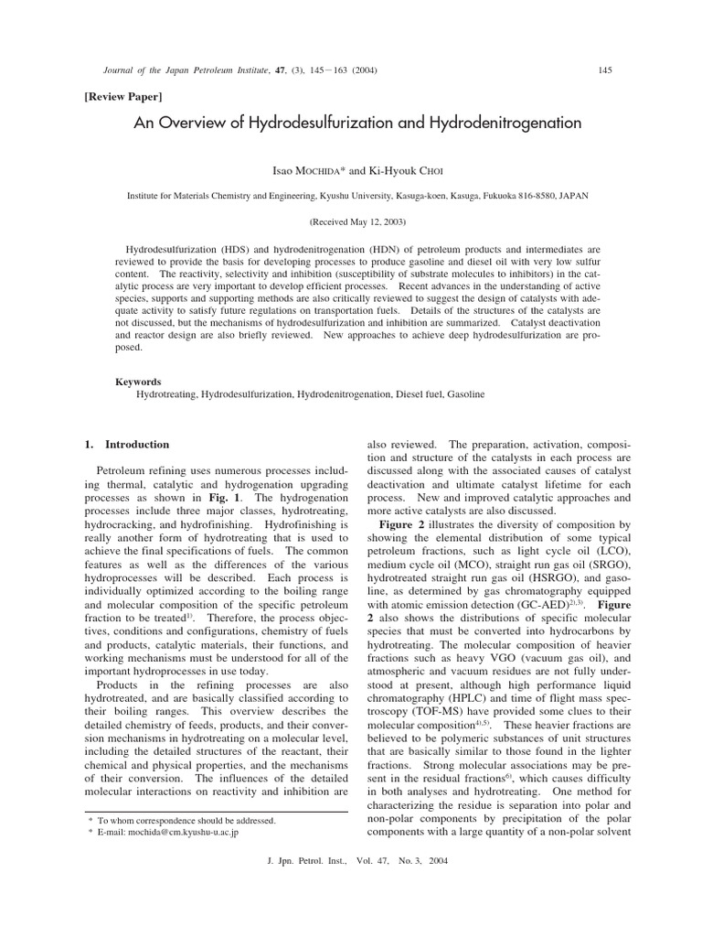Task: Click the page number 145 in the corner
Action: click(603, 70)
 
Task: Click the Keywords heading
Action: click(138, 382)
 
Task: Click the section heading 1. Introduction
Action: click(127, 445)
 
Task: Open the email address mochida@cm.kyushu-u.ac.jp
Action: click(177, 834)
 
